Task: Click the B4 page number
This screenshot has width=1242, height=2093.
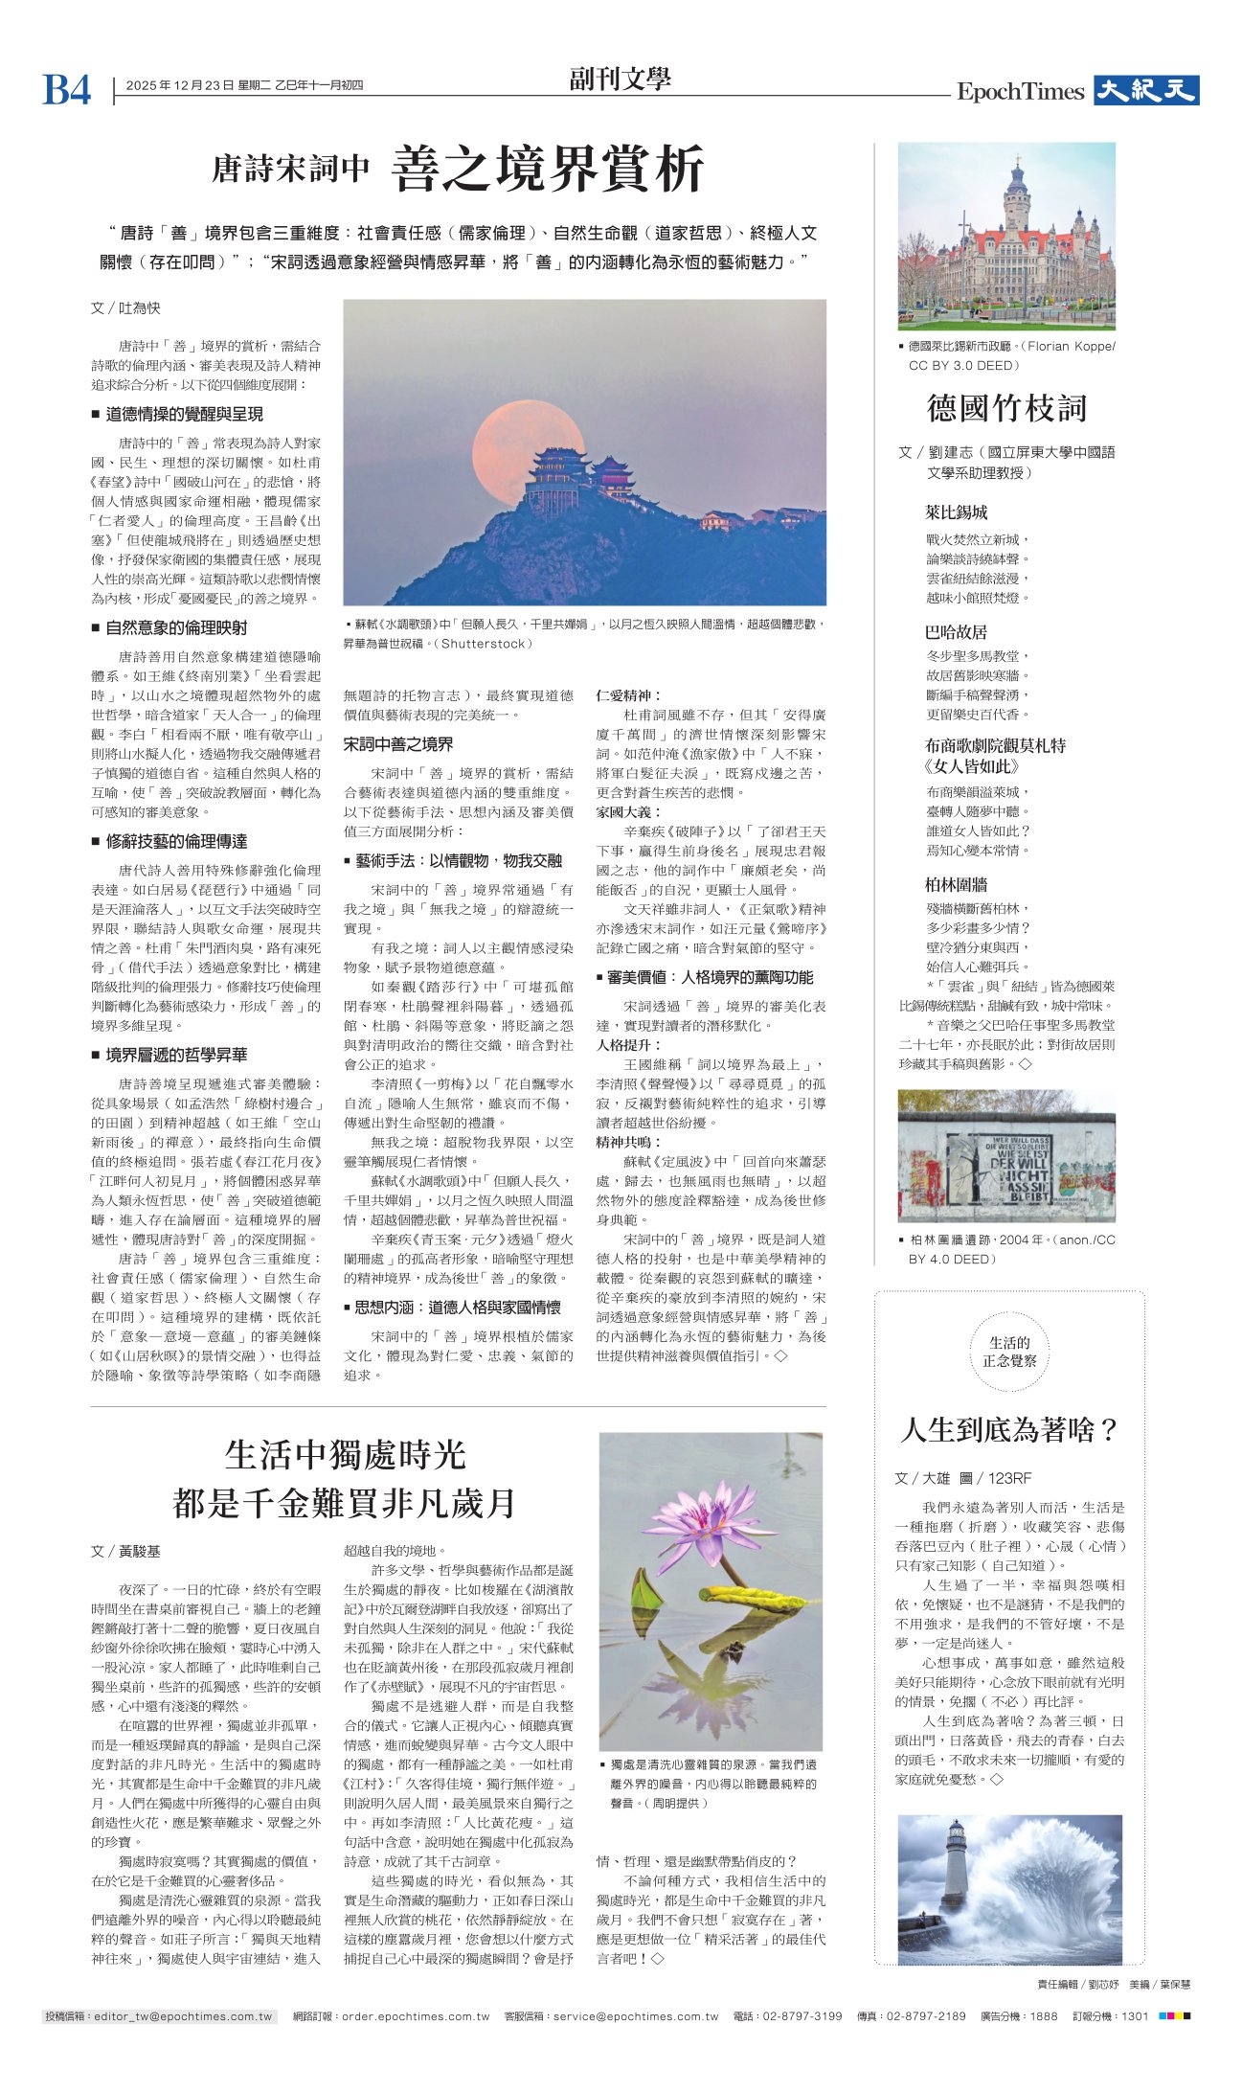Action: pyautogui.click(x=66, y=91)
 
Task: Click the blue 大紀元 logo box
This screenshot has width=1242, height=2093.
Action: pyautogui.click(x=1145, y=91)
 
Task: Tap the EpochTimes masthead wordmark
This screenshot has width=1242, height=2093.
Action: pyautogui.click(x=1020, y=92)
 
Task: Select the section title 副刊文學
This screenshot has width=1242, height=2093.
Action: pyautogui.click(x=620, y=80)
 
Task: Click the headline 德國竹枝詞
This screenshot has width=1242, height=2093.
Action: pyautogui.click(x=1006, y=408)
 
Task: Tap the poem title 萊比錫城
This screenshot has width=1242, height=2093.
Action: pyautogui.click(x=956, y=512)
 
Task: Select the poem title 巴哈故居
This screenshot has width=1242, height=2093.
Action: pyautogui.click(x=956, y=632)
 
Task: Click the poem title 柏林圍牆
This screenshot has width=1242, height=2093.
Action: pyautogui.click(x=956, y=884)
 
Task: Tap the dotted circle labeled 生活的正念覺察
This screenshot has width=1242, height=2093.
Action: pyautogui.click(x=1009, y=1352)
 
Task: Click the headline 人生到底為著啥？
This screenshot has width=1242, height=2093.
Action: pyautogui.click(x=1009, y=1429)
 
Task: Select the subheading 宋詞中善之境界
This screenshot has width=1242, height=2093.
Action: pyautogui.click(x=398, y=744)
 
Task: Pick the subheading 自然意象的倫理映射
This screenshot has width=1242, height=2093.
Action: pyautogui.click(x=176, y=627)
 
